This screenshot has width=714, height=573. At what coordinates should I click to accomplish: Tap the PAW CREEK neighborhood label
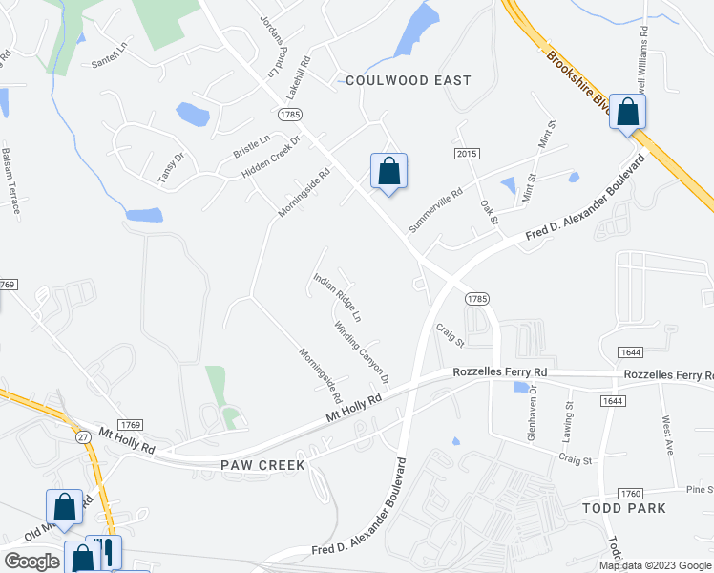[260, 465]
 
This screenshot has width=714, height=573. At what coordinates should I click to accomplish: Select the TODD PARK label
[623, 508]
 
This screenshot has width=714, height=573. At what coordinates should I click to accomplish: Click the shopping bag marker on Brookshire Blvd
[628, 113]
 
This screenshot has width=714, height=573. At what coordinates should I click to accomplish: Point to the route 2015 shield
[467, 155]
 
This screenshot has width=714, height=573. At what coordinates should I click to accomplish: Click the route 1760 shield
[629, 493]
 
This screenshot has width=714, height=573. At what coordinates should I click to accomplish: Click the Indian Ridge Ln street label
[338, 297]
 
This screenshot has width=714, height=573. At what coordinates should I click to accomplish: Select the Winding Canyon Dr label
[362, 352]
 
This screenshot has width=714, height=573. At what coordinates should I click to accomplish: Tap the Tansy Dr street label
[169, 168]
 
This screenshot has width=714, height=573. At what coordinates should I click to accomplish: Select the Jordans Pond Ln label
[267, 45]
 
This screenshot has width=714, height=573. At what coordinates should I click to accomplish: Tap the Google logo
[31, 562]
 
